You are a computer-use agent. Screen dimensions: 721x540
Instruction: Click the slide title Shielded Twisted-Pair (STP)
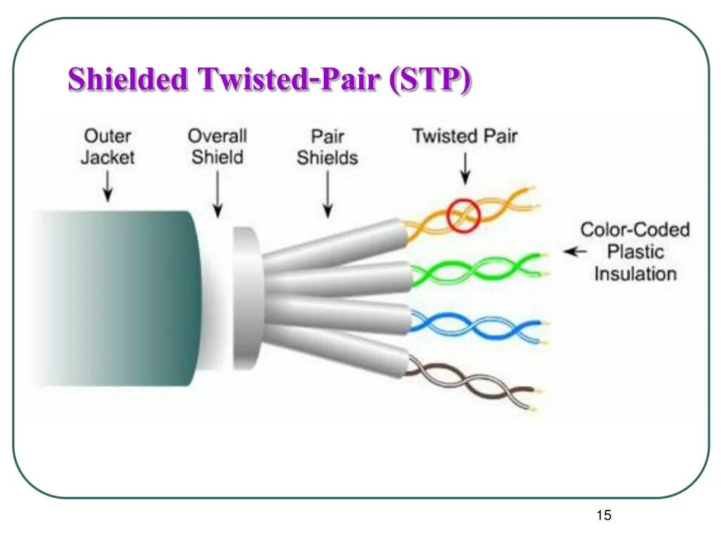pos(269,79)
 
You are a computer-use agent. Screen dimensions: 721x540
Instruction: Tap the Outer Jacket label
pos(107,146)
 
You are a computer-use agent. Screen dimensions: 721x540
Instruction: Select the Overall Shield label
pos(218,146)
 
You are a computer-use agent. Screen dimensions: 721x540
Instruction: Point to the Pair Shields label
pos(327,146)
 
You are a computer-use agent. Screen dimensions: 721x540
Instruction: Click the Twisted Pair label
pos(464,136)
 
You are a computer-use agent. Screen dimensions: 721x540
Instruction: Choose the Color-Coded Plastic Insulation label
pos(634,251)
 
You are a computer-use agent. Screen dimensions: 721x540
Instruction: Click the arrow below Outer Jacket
pos(107,186)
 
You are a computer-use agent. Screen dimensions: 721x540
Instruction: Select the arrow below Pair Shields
pos(327,197)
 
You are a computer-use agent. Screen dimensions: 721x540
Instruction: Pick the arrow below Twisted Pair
pos(464,170)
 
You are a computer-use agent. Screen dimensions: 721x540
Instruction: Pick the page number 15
pos(603,515)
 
